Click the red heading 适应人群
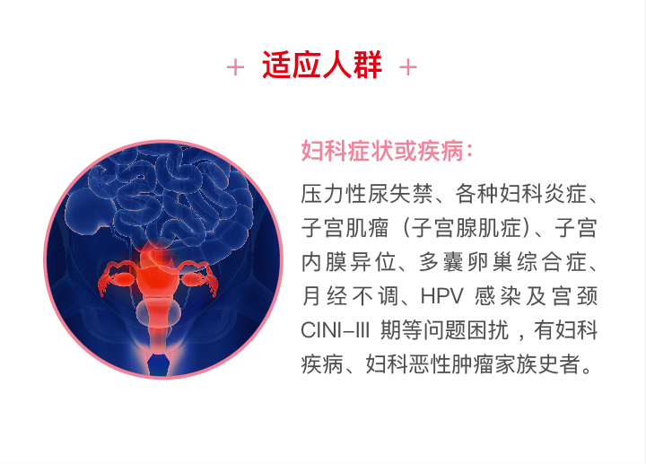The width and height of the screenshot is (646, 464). click(322, 66)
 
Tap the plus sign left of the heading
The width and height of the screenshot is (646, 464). click(235, 67)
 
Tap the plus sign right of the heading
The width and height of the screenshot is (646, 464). click(408, 67)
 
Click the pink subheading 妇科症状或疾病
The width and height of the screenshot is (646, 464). click(383, 151)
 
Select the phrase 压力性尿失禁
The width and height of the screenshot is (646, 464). click(367, 194)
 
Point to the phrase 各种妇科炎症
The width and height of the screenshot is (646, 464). click(520, 194)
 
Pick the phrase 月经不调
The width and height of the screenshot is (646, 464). click(350, 296)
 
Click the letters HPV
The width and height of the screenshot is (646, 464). click(441, 296)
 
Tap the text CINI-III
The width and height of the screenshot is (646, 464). click(335, 330)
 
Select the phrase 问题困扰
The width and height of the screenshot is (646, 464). click(466, 330)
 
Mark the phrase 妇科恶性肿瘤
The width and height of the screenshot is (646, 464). click(430, 364)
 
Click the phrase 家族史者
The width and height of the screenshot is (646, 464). click(537, 364)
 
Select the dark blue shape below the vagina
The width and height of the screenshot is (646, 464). click(159, 364)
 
